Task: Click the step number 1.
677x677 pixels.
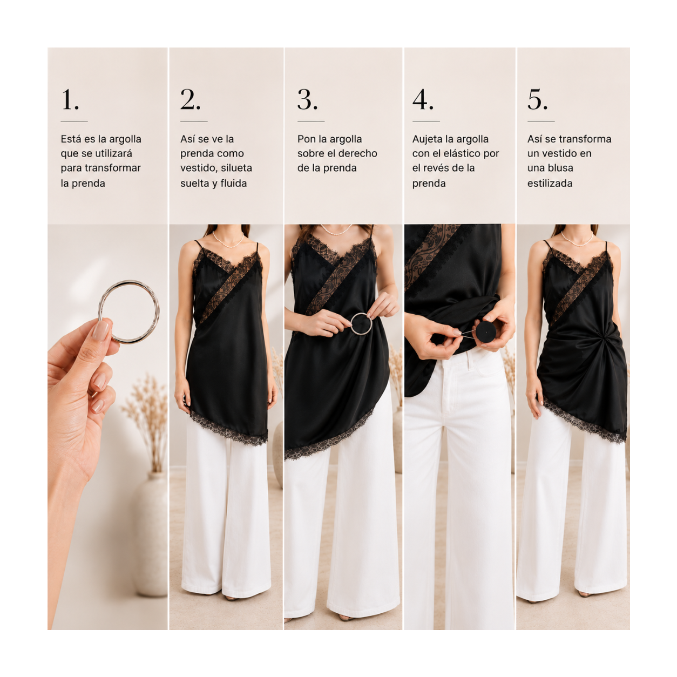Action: tap(70, 100)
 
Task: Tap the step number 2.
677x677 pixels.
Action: tap(190, 100)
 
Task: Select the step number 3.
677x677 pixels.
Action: tap(307, 100)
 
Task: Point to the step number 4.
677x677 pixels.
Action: tap(423, 100)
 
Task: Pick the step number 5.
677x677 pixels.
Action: tap(537, 100)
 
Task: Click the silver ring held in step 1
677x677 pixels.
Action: tap(128, 281)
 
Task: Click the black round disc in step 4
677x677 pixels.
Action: tap(485, 331)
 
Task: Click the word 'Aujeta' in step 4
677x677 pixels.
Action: tap(428, 139)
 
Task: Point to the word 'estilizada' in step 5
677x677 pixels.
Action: tap(550, 184)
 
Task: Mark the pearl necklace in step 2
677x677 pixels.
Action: tap(228, 241)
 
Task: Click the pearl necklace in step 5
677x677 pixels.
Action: tap(577, 239)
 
